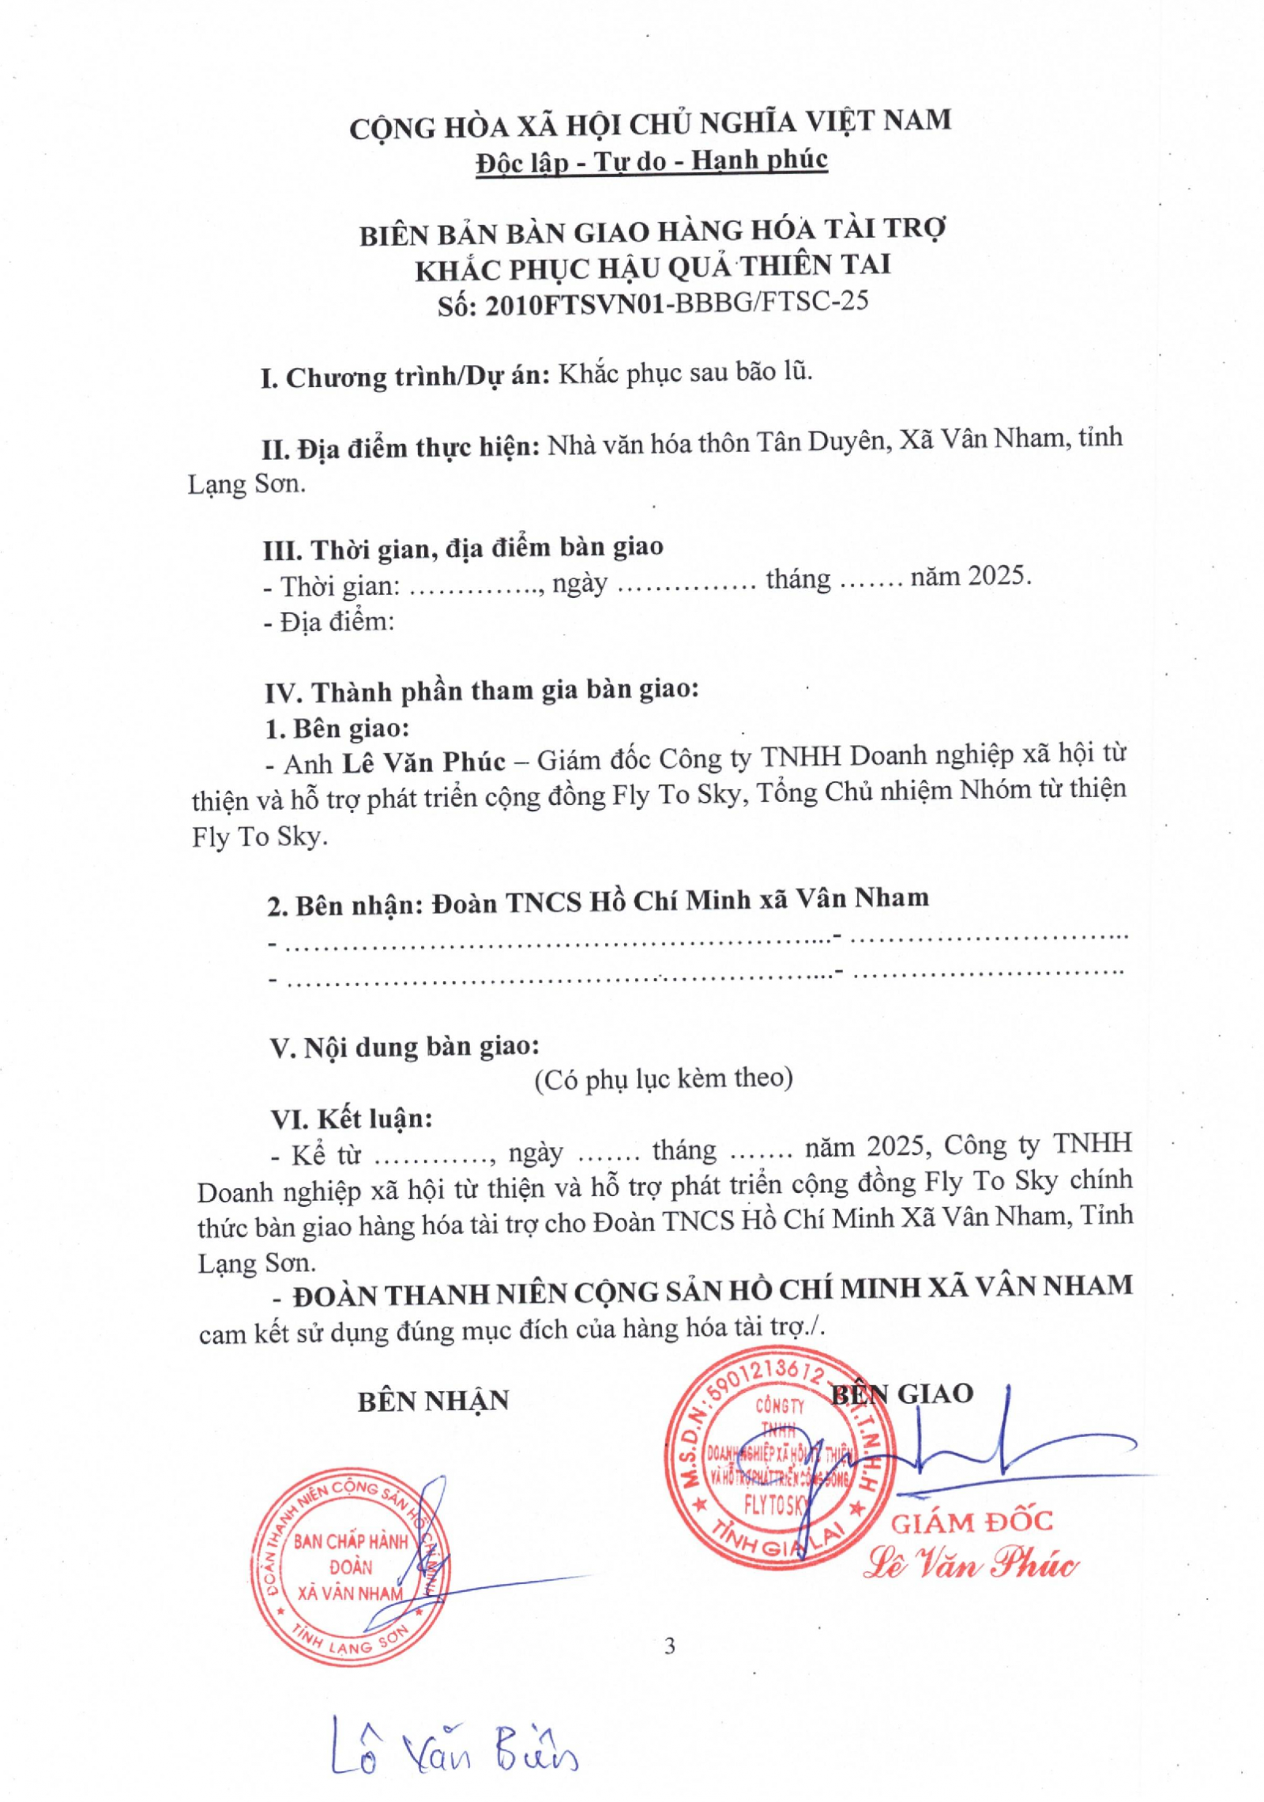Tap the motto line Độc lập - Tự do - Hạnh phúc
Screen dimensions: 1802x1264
pyautogui.click(x=651, y=162)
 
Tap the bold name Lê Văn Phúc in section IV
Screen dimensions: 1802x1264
pyautogui.click(x=423, y=762)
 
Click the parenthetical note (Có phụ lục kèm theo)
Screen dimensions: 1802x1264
pyautogui.click(x=664, y=1079)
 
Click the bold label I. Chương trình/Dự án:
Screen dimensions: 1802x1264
pyautogui.click(x=405, y=378)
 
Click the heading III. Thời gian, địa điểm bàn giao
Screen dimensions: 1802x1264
pyautogui.click(x=463, y=547)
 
